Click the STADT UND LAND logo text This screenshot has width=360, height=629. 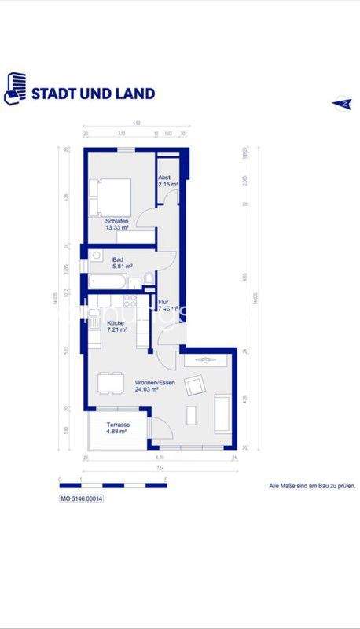point(93,93)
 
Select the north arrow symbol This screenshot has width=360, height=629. point(342,103)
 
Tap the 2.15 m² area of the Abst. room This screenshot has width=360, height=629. point(167,184)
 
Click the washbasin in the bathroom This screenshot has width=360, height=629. point(95,256)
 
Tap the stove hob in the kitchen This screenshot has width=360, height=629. point(130,301)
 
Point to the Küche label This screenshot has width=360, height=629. point(116,322)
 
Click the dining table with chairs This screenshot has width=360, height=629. point(110,383)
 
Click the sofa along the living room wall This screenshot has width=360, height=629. point(222,414)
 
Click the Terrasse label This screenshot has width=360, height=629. point(116,425)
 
